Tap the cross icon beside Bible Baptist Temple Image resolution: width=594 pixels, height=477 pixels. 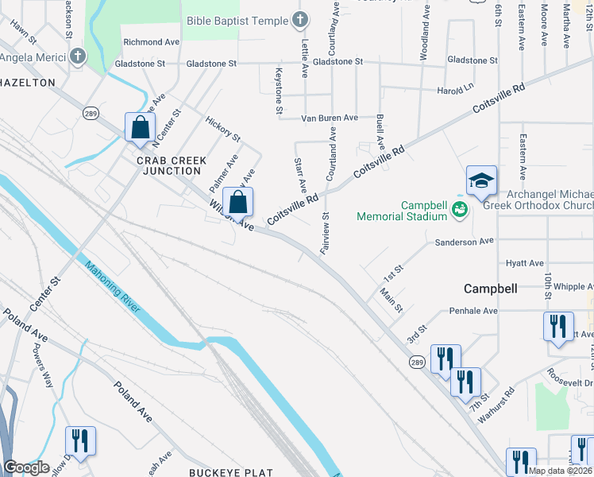click(x=300, y=18)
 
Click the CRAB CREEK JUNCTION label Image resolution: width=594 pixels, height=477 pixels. click(x=172, y=165)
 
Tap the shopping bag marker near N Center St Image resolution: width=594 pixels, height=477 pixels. click(x=140, y=128)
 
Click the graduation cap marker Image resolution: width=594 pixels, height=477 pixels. click(x=481, y=182)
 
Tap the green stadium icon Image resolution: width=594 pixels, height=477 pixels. click(x=458, y=209)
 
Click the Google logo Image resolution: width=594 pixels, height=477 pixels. click(x=26, y=467)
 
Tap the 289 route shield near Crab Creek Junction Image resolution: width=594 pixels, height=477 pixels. click(x=89, y=114)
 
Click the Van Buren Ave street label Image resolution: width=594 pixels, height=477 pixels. click(x=329, y=118)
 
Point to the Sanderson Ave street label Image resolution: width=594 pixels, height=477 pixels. click(x=464, y=240)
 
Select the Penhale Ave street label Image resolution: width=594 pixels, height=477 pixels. click(x=472, y=311)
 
